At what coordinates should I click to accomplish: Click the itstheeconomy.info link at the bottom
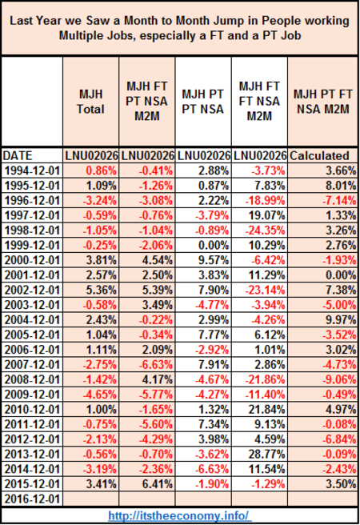[178, 515]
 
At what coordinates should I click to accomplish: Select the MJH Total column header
[90, 102]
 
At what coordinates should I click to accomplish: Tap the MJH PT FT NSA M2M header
[323, 102]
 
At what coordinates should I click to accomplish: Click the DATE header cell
[18, 156]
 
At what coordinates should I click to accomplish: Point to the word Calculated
[319, 156]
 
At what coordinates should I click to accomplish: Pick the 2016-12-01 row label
[32, 499]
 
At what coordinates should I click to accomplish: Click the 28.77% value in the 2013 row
[266, 454]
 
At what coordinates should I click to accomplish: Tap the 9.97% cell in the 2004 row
[342, 320]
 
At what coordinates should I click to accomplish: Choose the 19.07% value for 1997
[266, 215]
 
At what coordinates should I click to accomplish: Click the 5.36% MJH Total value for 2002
[102, 290]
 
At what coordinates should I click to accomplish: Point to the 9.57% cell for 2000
[214, 260]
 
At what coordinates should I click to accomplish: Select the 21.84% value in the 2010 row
[266, 409]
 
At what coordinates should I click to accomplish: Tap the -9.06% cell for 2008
[339, 379]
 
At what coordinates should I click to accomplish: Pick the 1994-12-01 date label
[32, 170]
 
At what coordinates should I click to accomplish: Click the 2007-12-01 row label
[32, 365]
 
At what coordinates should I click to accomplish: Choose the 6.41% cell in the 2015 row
[158, 484]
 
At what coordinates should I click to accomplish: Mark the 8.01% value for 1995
[342, 186]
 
